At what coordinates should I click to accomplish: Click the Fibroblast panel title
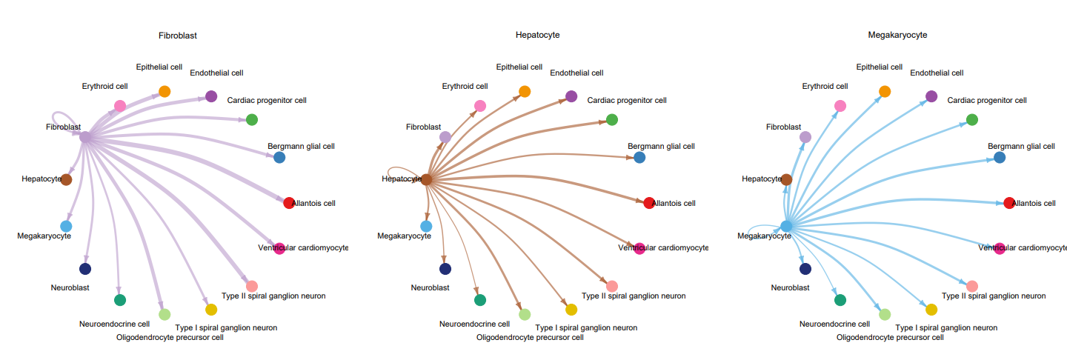[177, 35]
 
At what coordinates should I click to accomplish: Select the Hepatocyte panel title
[537, 35]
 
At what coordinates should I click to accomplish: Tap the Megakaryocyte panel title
[897, 35]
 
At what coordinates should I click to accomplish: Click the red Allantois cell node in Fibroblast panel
[289, 203]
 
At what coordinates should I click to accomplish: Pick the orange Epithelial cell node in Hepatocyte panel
[525, 91]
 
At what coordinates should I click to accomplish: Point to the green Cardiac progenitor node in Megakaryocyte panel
[972, 119]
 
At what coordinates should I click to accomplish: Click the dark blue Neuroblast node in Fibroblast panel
[84, 269]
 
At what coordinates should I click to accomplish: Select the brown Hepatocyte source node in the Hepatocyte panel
[426, 179]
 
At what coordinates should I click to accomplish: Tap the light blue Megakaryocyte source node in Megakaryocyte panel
[786, 225]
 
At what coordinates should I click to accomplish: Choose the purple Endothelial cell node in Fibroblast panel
[210, 96]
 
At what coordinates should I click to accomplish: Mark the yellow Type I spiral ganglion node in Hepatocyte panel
[571, 310]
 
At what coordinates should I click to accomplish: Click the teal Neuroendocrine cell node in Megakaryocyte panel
[840, 300]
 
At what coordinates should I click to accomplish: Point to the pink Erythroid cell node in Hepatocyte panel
[479, 105]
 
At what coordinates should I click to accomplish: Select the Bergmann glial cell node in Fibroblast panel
[279, 157]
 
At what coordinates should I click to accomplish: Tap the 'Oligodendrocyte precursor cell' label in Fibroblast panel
[170, 338]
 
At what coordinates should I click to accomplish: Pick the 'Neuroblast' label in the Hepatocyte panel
[431, 287]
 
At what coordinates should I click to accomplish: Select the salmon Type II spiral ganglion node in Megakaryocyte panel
[972, 286]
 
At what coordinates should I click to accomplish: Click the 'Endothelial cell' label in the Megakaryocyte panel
[937, 73]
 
